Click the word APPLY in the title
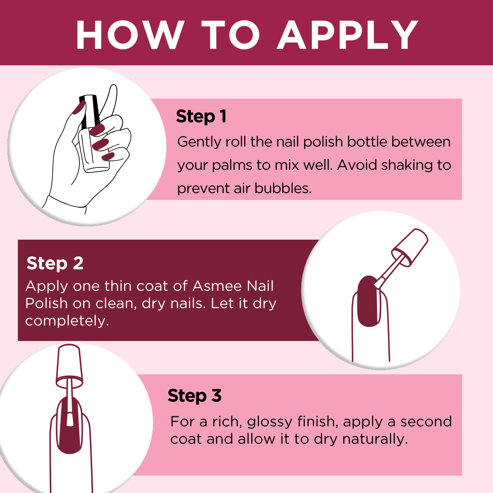point(348,35)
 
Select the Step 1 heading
point(201,117)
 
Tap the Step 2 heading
point(55,263)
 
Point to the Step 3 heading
point(194,395)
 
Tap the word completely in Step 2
point(67,321)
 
